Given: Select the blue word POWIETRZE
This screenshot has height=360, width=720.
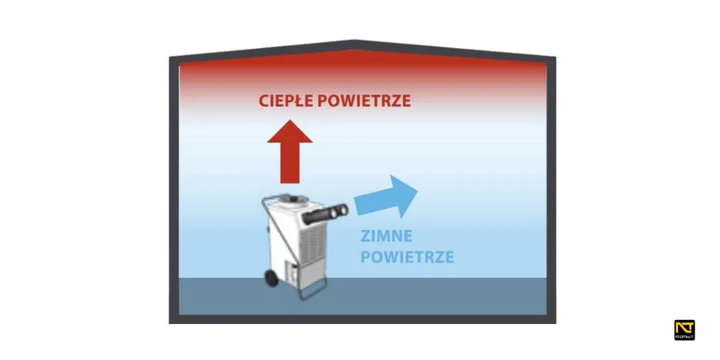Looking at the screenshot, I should point(407,257).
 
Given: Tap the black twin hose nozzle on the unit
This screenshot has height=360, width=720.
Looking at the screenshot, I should point(326,215).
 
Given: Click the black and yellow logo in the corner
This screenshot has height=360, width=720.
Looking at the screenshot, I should point(685,330).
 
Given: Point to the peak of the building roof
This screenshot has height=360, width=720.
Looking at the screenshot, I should point(354,44).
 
